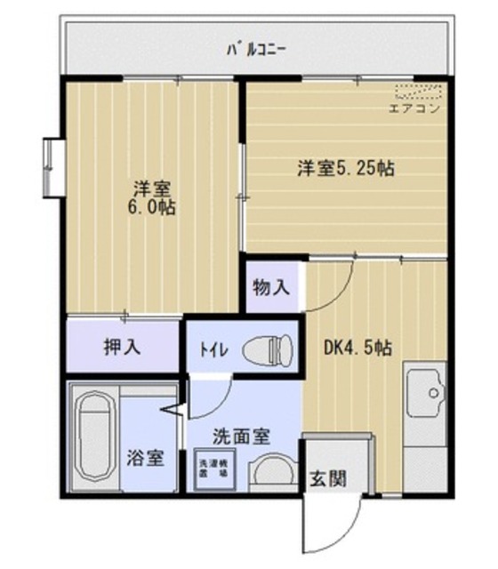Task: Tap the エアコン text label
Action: (x=415, y=109)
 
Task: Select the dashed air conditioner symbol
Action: (x=418, y=92)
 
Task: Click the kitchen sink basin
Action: (x=426, y=391)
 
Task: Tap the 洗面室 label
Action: (x=240, y=437)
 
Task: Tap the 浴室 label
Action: (x=146, y=459)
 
